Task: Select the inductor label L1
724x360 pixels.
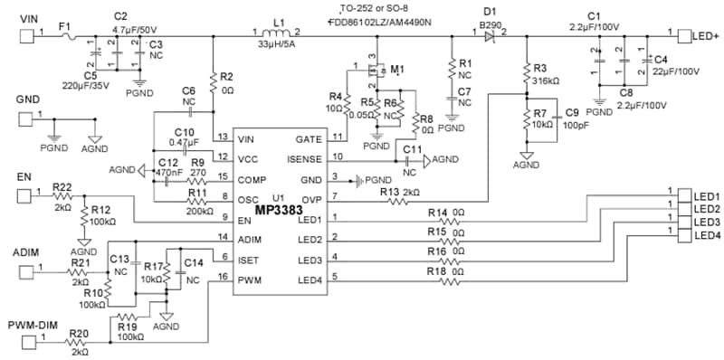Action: [x=279, y=22]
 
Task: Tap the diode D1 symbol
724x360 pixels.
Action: [x=489, y=36]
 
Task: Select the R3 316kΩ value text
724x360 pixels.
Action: [x=548, y=81]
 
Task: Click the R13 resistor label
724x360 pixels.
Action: [x=388, y=192]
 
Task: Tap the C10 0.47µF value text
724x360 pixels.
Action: [x=188, y=142]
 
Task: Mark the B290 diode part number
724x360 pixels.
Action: [x=490, y=23]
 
